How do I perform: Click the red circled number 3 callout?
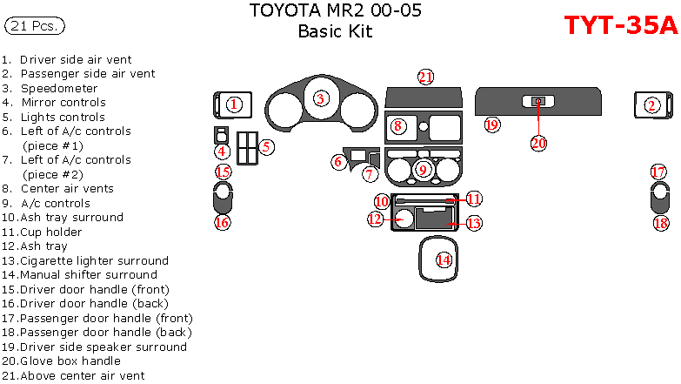[x=321, y=99]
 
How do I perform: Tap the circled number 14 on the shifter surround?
[x=444, y=259]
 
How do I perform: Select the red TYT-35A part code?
[x=620, y=26]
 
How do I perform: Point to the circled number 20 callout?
[x=538, y=142]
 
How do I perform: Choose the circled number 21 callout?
[x=424, y=77]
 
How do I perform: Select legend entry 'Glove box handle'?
[x=70, y=360]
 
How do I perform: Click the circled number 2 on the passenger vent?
[x=652, y=105]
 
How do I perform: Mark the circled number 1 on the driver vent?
[x=233, y=104]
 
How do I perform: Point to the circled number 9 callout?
[x=423, y=170]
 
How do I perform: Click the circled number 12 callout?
[x=375, y=219]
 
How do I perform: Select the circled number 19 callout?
[x=492, y=125]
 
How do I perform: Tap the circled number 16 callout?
[x=223, y=222]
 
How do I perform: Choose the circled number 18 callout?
[x=660, y=223]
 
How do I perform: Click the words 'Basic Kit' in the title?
[x=335, y=31]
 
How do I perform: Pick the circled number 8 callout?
[x=397, y=126]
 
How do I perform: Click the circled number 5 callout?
[x=266, y=147]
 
